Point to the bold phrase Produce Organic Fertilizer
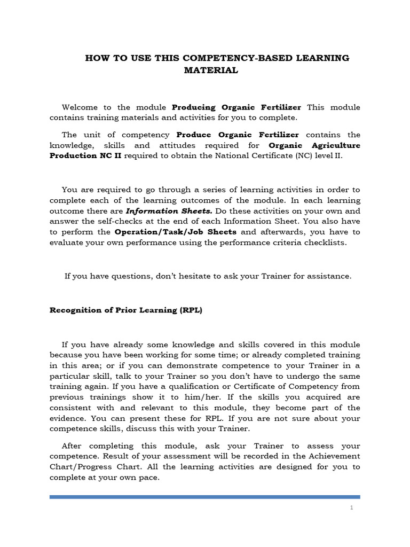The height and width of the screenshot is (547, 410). [x=238, y=135]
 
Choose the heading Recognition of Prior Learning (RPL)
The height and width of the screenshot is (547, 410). [x=126, y=310]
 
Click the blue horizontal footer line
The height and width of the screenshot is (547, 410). [x=205, y=497]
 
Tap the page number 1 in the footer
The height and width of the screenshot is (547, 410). [x=352, y=508]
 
